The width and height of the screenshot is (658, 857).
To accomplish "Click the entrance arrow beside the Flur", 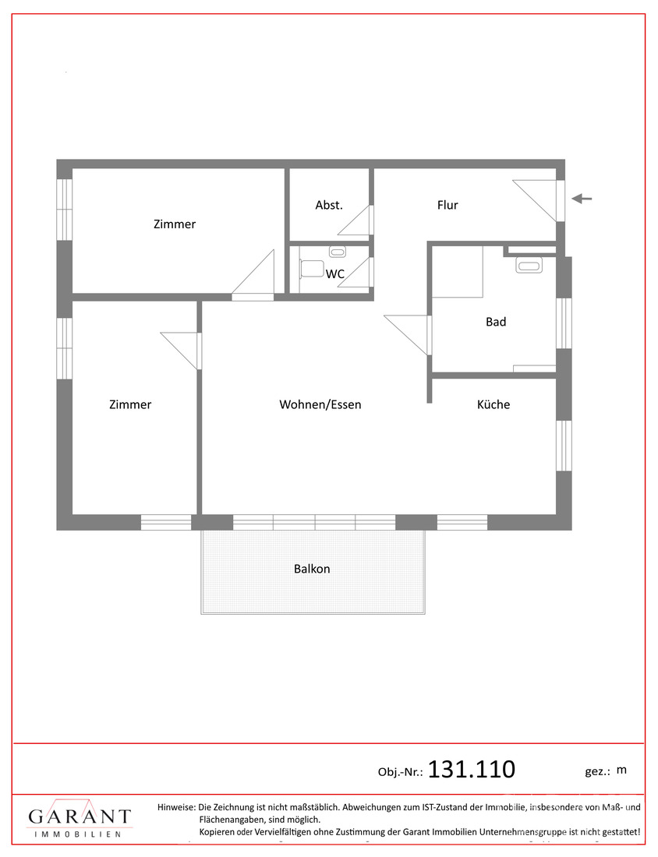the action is [x=582, y=199].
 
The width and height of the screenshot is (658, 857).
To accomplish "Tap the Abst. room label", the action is [x=329, y=205].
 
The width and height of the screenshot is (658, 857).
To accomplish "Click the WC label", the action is [x=335, y=273].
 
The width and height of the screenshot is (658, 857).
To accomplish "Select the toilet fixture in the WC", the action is [x=310, y=268].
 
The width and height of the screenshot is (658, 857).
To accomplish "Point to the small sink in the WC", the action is [x=337, y=252].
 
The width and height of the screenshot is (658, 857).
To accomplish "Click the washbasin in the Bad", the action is [x=529, y=266].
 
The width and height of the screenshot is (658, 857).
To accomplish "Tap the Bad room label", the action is [x=496, y=322].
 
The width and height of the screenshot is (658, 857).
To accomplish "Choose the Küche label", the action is [x=493, y=404].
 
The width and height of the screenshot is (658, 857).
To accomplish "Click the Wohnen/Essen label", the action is [x=320, y=404].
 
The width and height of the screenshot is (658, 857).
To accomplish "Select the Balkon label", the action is [x=312, y=569].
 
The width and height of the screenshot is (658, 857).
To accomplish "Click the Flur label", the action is [x=448, y=205].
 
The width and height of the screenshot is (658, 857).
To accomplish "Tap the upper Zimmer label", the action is [x=175, y=224].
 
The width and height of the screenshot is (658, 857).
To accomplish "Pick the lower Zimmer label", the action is [x=130, y=404].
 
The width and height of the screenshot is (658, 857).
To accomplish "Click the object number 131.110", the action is [x=471, y=769].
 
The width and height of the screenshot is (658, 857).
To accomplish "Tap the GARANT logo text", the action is [x=80, y=816].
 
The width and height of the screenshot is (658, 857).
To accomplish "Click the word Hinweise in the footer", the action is [x=176, y=806].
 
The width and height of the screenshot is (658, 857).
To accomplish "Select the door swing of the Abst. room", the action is [x=355, y=220].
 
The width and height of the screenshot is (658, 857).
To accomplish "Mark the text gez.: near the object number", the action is [x=597, y=772].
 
